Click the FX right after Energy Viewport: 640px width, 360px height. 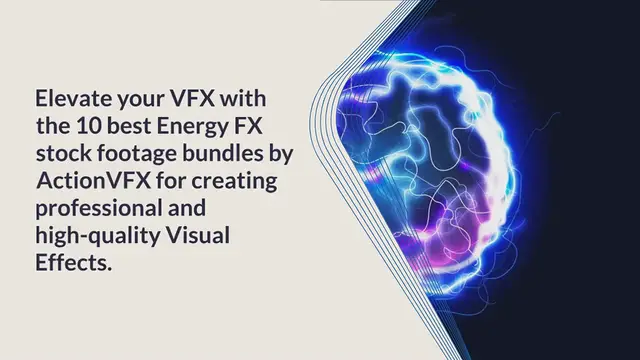click(x=247, y=127)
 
